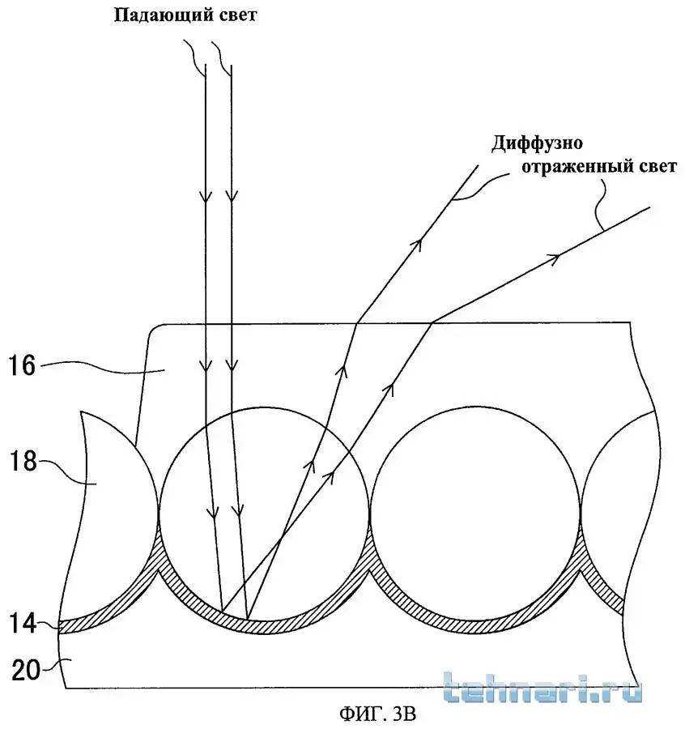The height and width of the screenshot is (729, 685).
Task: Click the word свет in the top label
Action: pos(236,15)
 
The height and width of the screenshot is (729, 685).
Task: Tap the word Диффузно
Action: pos(537,143)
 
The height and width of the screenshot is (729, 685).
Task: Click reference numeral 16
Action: pos(22,365)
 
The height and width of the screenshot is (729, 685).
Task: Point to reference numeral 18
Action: pos(23,461)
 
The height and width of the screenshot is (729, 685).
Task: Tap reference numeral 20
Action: pos(26,670)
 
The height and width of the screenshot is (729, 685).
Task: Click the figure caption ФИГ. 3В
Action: pos(377,713)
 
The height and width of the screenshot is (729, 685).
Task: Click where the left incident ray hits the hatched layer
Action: pos(223,610)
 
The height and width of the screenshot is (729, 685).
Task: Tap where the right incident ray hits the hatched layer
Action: pos(248,619)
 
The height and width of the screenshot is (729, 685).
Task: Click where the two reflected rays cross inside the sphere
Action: pos(280,541)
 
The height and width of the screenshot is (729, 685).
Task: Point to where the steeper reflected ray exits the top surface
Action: pos(357,322)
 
